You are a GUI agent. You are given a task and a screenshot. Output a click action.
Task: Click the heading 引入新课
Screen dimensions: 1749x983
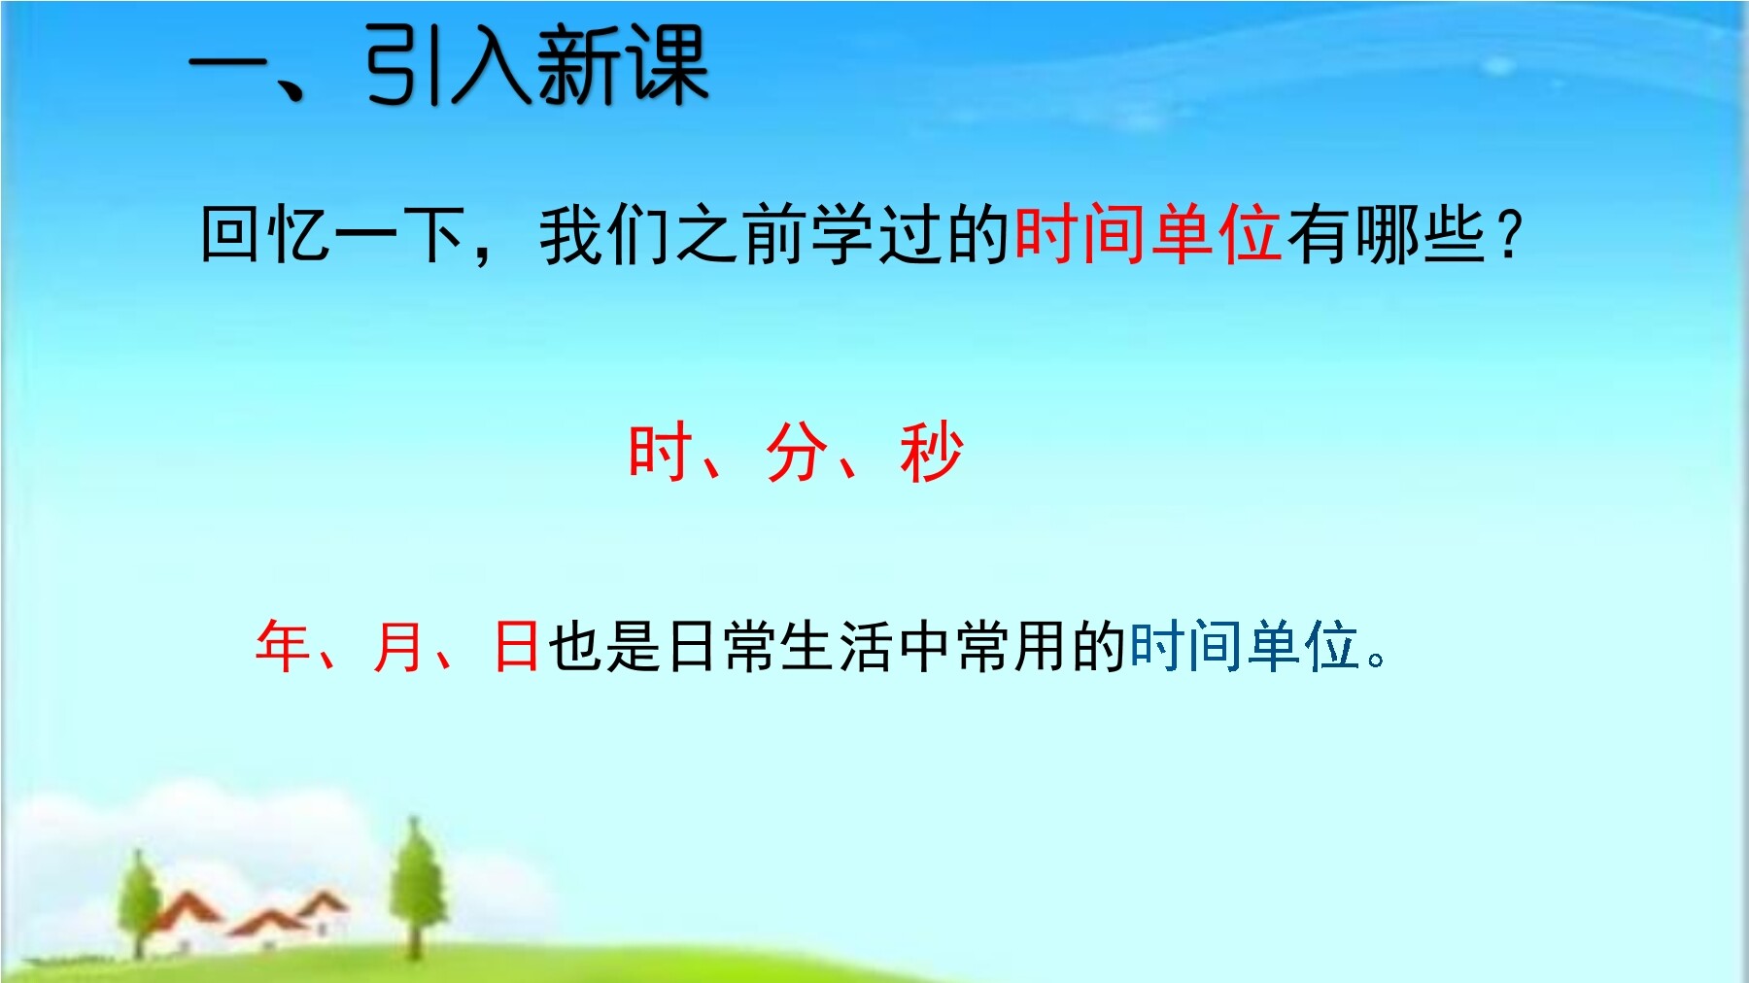click(537, 66)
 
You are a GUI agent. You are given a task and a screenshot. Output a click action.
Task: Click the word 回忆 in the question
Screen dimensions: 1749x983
click(265, 235)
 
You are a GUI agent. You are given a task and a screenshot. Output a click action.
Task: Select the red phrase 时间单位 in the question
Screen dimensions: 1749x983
click(1148, 235)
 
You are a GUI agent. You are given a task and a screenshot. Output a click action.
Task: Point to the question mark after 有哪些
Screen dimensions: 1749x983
click(1508, 236)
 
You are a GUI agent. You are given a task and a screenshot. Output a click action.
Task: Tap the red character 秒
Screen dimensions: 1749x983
click(931, 452)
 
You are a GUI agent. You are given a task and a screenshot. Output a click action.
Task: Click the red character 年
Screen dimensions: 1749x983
click(283, 645)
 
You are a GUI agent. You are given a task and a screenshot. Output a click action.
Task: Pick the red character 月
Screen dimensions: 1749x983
click(399, 645)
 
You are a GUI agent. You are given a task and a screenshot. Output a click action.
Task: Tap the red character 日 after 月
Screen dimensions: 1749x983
click(517, 645)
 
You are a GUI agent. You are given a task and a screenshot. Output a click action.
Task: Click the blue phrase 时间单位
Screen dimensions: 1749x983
click(1244, 645)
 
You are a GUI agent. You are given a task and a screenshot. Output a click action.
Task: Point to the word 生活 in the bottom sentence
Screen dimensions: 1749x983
click(837, 645)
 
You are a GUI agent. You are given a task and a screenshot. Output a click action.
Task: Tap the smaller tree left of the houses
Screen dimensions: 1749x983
click(140, 898)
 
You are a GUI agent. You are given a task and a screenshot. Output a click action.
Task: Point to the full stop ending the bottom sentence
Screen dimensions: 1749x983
click(1376, 660)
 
